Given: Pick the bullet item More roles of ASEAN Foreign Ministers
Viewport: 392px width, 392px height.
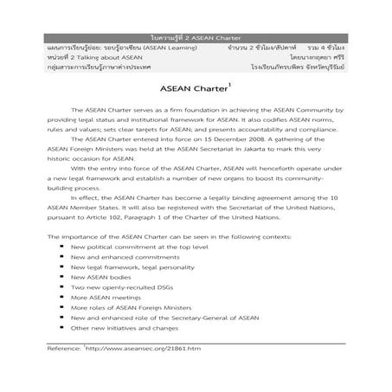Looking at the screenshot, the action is click(135, 305).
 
